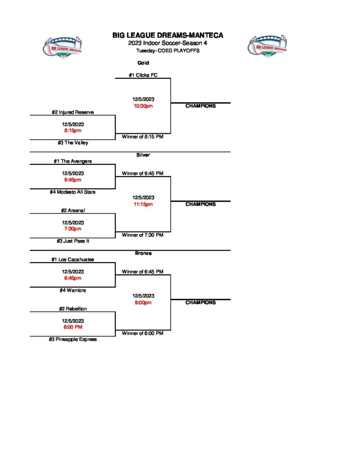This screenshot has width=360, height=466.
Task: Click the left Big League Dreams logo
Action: [63, 47]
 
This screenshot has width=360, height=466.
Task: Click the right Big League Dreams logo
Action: [267, 47]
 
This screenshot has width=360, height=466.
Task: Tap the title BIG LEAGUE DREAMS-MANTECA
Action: [168, 35]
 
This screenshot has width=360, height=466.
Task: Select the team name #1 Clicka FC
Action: [143, 75]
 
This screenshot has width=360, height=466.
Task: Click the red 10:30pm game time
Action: [143, 106]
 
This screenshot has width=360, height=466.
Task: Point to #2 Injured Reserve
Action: [73, 112]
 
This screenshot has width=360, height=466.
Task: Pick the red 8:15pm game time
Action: [73, 131]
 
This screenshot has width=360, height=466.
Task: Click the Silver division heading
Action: [143, 155]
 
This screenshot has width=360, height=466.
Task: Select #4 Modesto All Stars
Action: [73, 192]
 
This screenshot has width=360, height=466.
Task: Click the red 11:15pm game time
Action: [143, 204]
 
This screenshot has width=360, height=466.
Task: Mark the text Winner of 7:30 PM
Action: [143, 235]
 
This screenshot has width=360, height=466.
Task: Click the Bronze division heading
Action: [143, 253]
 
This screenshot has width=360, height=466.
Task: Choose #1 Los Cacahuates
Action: [73, 259]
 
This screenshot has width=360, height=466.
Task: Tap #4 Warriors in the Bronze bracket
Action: [73, 290]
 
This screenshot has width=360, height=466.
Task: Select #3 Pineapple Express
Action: [73, 339]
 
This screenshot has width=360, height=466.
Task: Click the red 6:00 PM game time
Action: [73, 327]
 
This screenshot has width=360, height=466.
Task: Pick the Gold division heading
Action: [143, 63]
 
